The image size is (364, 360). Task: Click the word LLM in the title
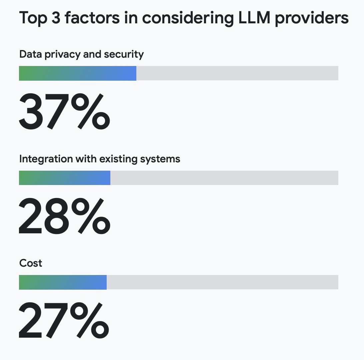(254, 18)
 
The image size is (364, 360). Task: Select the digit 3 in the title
(56, 18)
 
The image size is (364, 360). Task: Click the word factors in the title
(92, 18)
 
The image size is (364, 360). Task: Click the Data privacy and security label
(81, 55)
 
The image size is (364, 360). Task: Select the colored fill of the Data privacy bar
(78, 73)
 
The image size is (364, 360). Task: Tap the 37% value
(64, 111)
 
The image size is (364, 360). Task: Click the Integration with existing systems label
(100, 159)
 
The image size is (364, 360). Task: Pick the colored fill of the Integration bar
(65, 178)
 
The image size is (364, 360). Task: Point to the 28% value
(64, 216)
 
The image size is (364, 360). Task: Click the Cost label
(31, 263)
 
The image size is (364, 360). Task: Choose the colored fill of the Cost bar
(63, 282)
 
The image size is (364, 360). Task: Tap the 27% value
(64, 320)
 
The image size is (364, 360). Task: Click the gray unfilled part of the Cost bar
(222, 282)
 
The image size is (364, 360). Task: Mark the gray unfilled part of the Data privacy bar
(237, 73)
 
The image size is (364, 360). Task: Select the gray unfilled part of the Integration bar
(224, 178)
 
